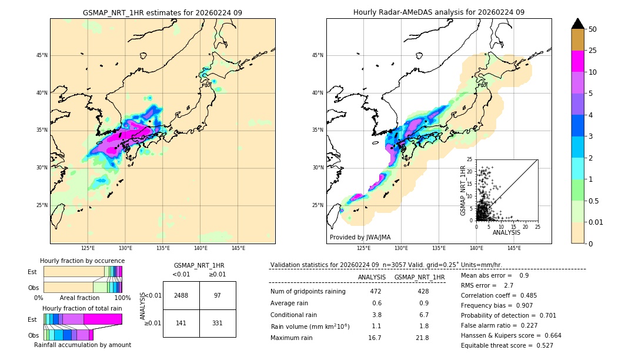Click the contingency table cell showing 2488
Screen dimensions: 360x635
pos(181,295)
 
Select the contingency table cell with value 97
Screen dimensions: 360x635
pos(218,295)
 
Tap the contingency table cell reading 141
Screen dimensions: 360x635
pos(181,323)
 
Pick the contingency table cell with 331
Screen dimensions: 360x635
pos(218,323)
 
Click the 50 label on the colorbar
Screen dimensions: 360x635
pos(593,29)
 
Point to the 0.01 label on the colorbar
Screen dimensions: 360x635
pos(595,222)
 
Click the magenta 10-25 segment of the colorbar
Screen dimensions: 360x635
pos(578,61)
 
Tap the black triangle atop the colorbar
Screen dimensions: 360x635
pos(578,24)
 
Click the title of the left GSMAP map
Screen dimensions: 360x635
pos(162,12)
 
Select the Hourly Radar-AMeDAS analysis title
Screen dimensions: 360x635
pos(439,12)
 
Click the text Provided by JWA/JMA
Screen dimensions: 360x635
pos(360,237)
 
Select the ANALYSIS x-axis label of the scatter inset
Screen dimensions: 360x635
pos(506,232)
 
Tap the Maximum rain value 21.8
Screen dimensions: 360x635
pos(422,338)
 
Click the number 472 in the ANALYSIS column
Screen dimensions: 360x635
pos(376,291)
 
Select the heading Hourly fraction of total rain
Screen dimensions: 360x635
pos(82,308)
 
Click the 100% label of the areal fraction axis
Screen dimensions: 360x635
pos(122,298)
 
